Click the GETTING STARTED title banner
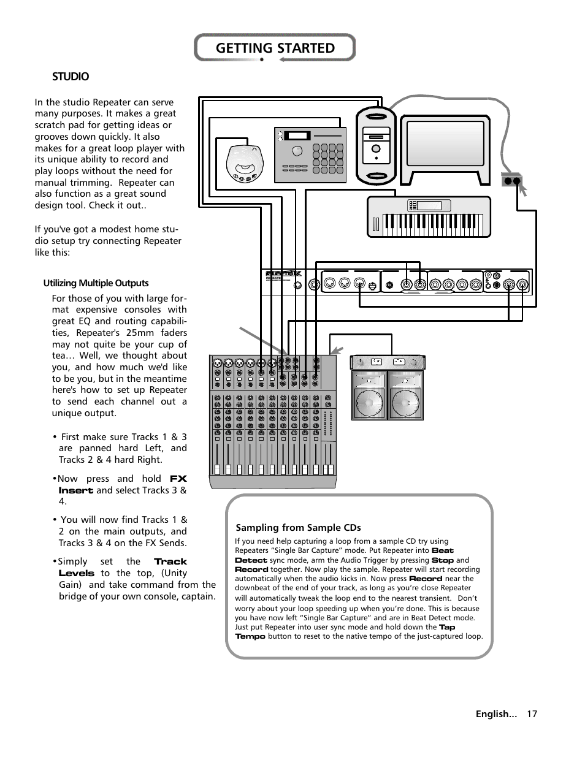[x=275, y=48]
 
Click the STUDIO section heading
[x=71, y=77]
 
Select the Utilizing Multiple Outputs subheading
[x=96, y=283]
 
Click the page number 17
[x=531, y=713]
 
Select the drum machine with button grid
[x=310, y=155]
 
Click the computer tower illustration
[x=376, y=145]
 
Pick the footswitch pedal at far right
[x=511, y=180]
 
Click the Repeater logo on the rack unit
[x=283, y=275]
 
